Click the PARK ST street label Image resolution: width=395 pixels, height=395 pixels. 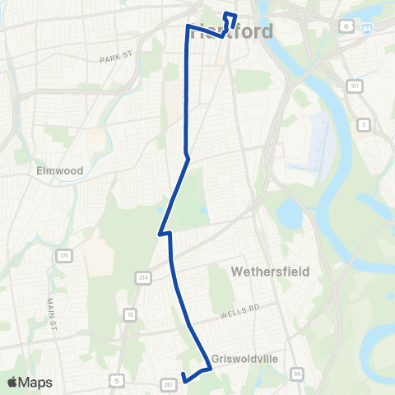point(116,58)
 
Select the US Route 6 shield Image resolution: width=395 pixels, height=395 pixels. point(346,27)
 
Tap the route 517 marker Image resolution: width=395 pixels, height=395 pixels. point(354,86)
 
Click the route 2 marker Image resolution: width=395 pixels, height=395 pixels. point(363,124)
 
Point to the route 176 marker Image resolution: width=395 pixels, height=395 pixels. point(63,257)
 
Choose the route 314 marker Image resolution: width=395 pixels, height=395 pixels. point(144,278)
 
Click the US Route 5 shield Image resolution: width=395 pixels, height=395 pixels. point(117,379)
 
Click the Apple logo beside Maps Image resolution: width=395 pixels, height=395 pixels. point(12,382)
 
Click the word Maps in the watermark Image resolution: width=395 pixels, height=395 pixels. point(36,382)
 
